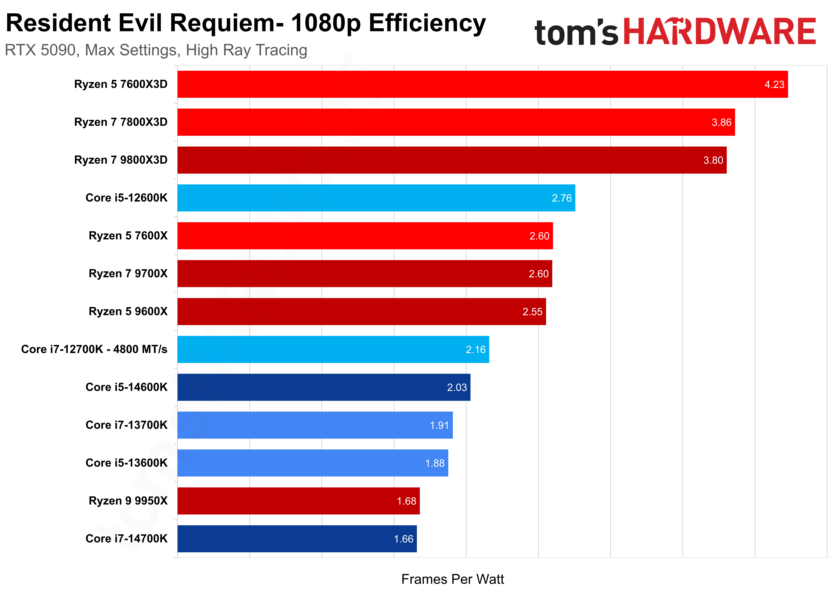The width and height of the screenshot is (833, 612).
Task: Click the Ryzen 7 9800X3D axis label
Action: click(x=121, y=160)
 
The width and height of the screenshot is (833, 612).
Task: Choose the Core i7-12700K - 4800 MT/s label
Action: click(x=94, y=349)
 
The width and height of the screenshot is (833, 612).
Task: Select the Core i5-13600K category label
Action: click(x=126, y=463)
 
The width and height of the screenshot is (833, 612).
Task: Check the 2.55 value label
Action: click(x=532, y=312)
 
